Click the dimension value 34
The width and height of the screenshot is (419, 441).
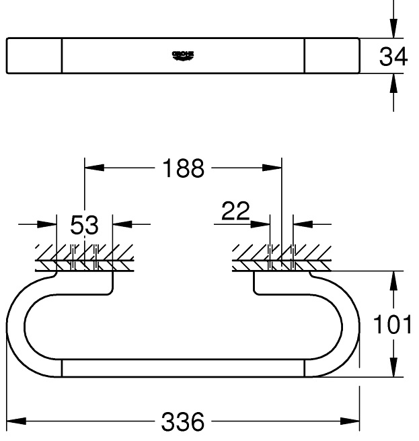pos(393,57)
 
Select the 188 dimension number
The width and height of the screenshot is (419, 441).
pos(182,168)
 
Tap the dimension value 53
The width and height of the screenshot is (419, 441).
pos(84,226)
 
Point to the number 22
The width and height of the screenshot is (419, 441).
pos(235,213)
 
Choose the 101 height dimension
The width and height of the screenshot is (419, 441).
pos(393,325)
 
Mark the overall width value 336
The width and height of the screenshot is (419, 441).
pos(182,422)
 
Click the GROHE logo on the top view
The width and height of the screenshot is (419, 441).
pos(183,55)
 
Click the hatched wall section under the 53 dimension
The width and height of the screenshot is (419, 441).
pos(85,255)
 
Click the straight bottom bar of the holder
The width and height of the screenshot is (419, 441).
pos(182,368)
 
